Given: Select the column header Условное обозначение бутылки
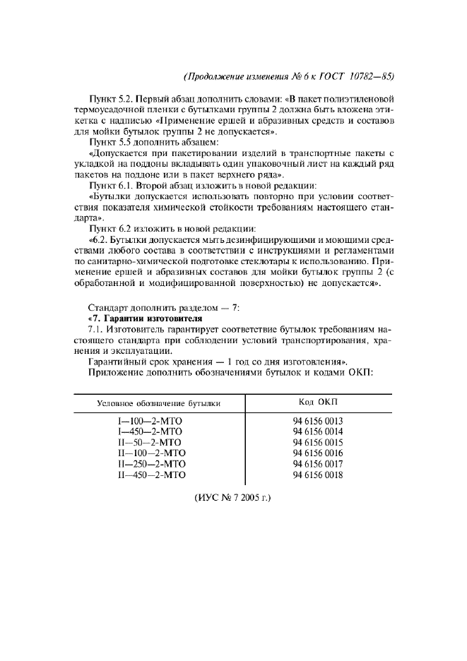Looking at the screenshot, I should point(159,403).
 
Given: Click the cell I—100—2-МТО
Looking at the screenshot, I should point(150,421).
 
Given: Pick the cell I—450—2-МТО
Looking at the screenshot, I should point(150,431).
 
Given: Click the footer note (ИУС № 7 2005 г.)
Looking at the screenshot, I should point(232,498).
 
